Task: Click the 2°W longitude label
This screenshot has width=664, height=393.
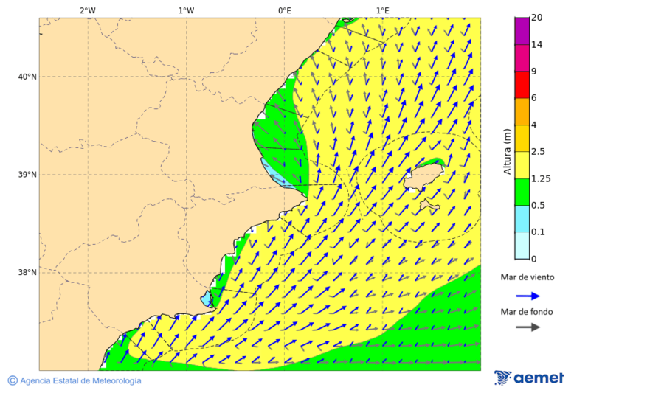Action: click(87, 10)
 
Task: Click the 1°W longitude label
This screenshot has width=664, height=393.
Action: click(186, 10)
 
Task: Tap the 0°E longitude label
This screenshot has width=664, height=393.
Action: click(284, 10)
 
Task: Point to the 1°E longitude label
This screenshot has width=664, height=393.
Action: click(382, 10)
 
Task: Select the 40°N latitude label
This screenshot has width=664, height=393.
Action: click(27, 77)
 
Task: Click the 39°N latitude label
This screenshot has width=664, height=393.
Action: click(27, 175)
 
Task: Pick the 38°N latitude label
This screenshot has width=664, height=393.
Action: click(27, 273)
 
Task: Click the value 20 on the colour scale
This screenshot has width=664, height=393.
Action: click(536, 18)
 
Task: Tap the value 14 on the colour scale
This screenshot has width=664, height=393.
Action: click(536, 45)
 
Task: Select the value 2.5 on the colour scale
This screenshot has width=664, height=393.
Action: click(538, 152)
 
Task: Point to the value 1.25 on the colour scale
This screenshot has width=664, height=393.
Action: click(540, 178)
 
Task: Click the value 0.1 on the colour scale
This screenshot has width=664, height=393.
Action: click(538, 232)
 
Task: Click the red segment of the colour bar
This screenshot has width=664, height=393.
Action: click(522, 85)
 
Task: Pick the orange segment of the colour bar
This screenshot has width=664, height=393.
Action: click(522, 111)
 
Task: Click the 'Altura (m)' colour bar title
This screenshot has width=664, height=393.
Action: click(507, 151)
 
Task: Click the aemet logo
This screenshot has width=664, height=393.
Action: click(529, 378)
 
